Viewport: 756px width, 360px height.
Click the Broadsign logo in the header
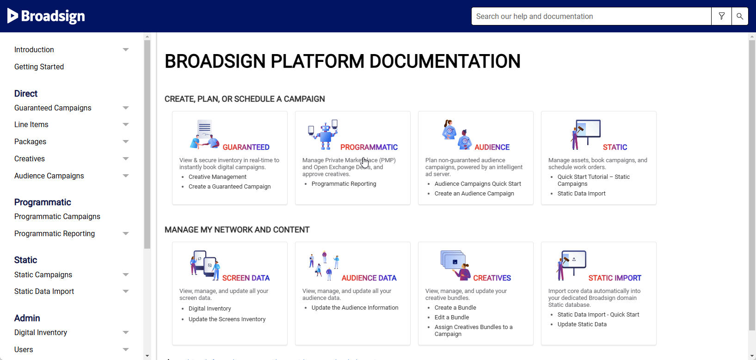pos(46,16)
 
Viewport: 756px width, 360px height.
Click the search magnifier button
pos(740,16)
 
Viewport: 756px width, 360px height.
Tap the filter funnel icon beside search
pos(722,16)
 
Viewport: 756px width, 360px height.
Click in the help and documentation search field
pos(591,16)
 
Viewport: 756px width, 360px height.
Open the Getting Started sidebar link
pos(39,67)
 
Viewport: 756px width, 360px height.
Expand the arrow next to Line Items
pos(126,124)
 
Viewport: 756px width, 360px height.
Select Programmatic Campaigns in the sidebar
pos(57,217)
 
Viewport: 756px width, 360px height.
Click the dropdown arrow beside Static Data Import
pos(126,292)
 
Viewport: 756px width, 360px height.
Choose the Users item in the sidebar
pos(24,349)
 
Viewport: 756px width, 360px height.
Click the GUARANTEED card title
pos(246,147)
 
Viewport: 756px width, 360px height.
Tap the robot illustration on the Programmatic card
pos(323,134)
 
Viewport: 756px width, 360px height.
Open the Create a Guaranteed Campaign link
pos(229,187)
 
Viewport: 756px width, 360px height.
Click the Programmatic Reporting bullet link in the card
pos(344,184)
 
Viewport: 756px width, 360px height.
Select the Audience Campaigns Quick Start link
pos(478,184)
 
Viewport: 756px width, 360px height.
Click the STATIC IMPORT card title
pos(615,278)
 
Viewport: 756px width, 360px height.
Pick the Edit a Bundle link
pos(452,317)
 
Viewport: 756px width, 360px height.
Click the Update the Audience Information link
pos(355,308)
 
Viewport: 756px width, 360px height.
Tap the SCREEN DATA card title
pos(246,278)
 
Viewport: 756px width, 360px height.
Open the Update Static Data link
pos(582,324)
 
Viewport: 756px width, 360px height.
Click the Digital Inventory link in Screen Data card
pos(209,309)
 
